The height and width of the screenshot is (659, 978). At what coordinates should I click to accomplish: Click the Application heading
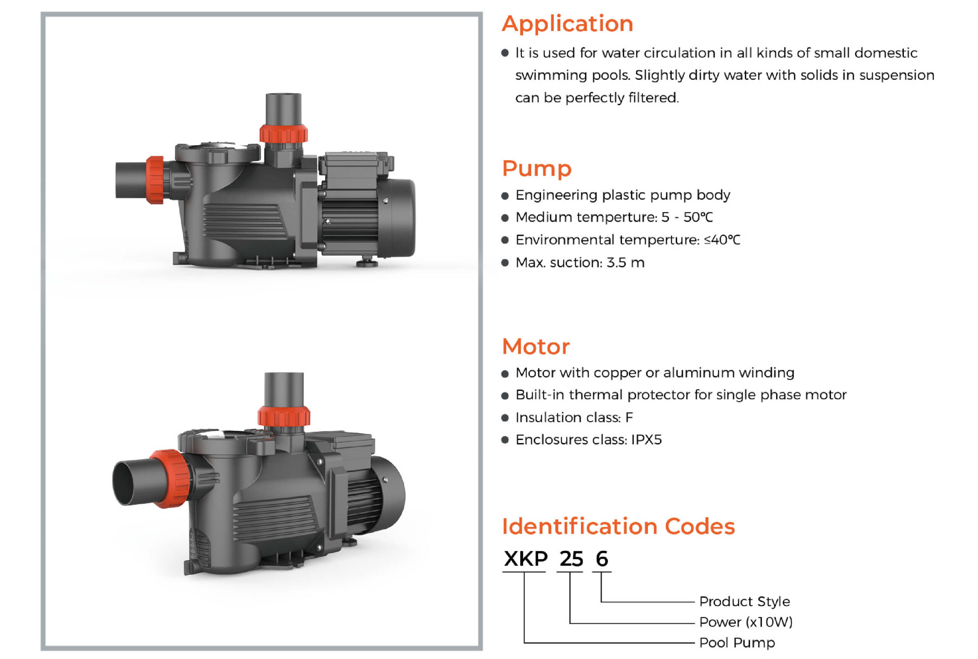tap(567, 24)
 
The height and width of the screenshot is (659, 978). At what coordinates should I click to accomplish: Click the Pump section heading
tap(537, 168)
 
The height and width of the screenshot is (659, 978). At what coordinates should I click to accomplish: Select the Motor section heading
tap(536, 347)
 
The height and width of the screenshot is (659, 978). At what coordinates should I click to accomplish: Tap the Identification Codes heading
tap(618, 526)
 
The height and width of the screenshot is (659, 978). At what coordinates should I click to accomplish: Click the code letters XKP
tap(525, 559)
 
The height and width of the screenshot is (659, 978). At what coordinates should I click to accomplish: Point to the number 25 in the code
tap(571, 559)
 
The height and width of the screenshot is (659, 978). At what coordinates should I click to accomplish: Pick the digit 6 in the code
tap(602, 559)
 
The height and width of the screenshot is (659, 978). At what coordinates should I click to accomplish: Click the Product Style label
tap(744, 601)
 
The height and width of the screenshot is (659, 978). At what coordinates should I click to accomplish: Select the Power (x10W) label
tap(746, 622)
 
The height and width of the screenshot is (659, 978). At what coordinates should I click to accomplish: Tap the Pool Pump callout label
tap(737, 643)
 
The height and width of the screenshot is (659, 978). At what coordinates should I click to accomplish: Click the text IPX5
tap(646, 440)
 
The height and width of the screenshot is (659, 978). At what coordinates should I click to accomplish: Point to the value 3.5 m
tap(625, 263)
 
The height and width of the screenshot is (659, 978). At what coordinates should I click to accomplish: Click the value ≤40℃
tap(722, 240)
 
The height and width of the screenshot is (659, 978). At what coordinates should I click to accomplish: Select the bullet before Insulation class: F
tap(505, 418)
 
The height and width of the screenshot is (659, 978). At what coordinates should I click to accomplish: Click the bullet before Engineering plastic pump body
tap(505, 196)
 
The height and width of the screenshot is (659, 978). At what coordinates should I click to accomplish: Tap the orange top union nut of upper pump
tap(283, 134)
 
